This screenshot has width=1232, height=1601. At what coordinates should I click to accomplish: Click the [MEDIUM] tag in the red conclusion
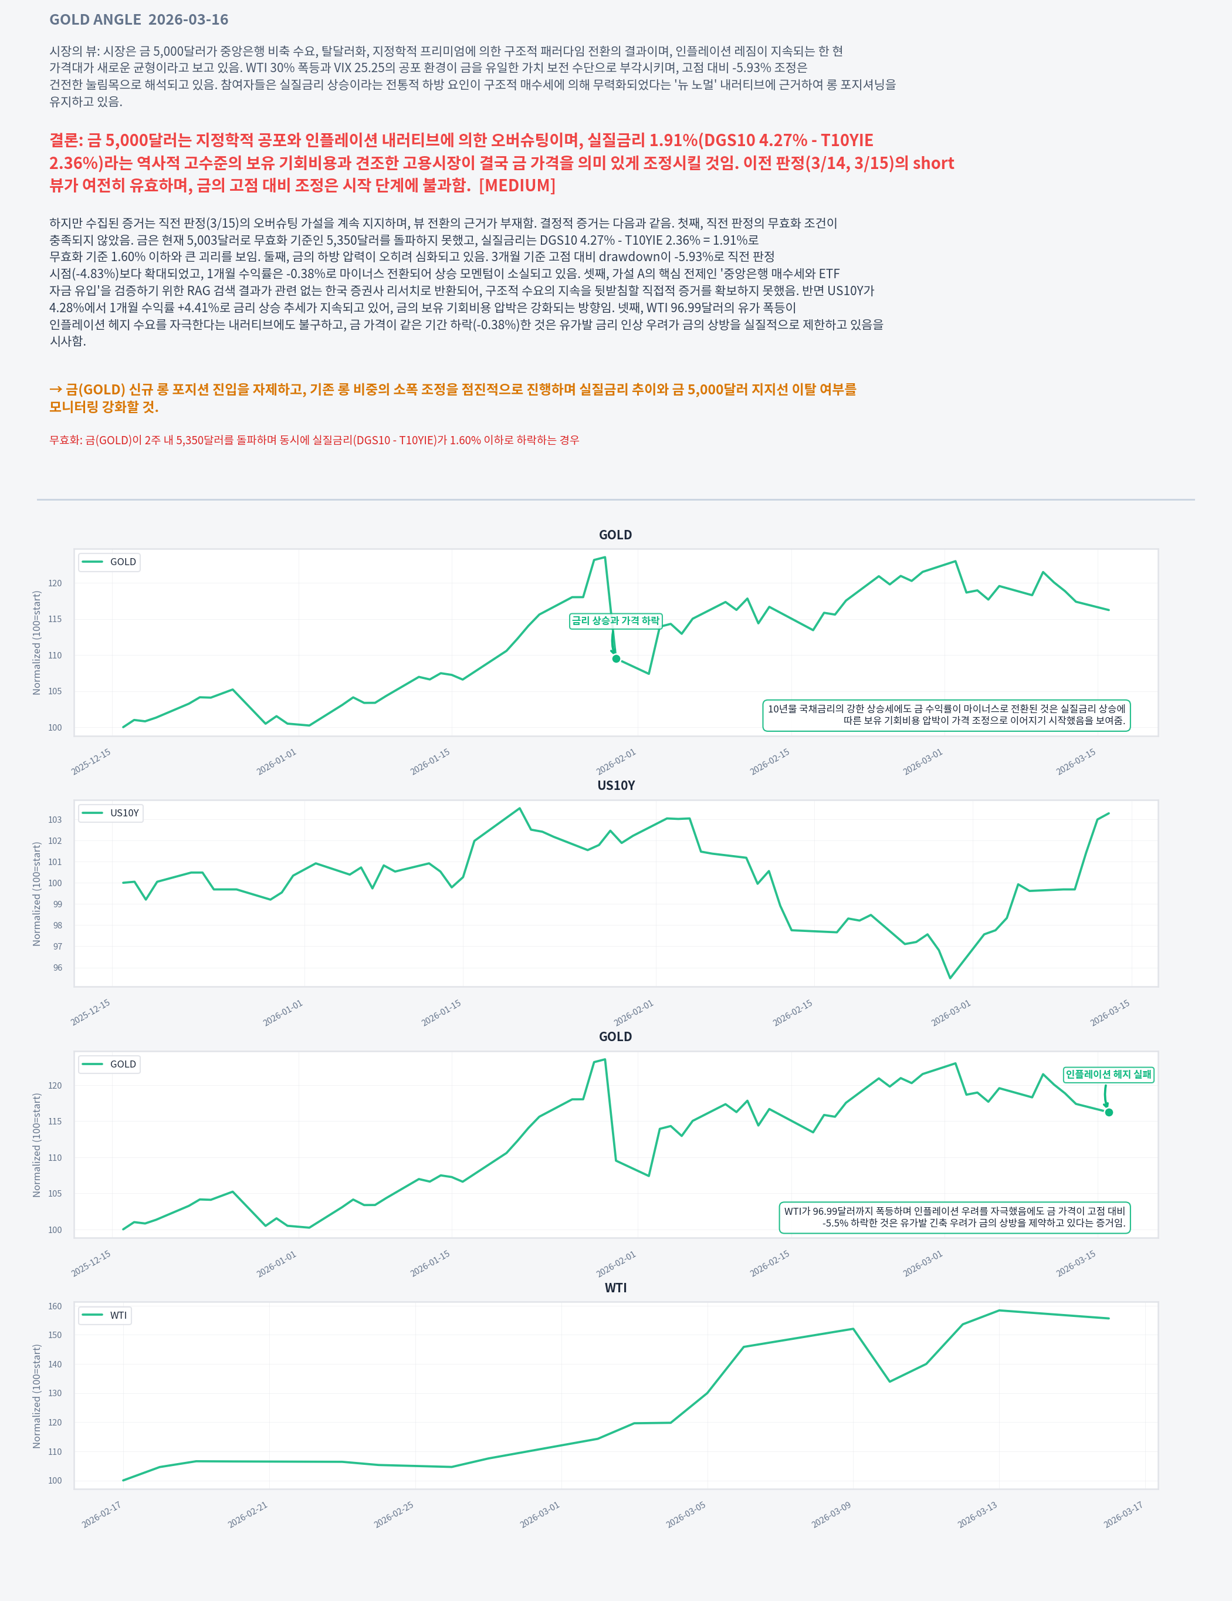pos(517,185)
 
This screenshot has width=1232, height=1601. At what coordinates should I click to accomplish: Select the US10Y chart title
pos(615,786)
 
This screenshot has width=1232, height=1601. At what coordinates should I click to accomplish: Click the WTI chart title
pos(615,1288)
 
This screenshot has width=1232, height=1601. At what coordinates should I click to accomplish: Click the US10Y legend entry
pos(111,813)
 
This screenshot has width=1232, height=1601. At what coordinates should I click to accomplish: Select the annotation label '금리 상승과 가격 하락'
pos(615,621)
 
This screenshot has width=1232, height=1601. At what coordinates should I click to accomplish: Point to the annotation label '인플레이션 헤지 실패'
pos(1108,1075)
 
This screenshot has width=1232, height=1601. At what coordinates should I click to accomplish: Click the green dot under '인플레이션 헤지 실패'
pos(1109,1113)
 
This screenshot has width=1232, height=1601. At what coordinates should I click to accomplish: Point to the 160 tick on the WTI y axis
pos(55,1306)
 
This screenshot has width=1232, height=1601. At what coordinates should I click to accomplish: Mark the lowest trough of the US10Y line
pos(950,978)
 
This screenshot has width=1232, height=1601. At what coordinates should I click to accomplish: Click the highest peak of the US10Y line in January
pos(520,809)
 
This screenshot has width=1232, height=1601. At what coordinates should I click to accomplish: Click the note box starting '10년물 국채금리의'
pos(946,715)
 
